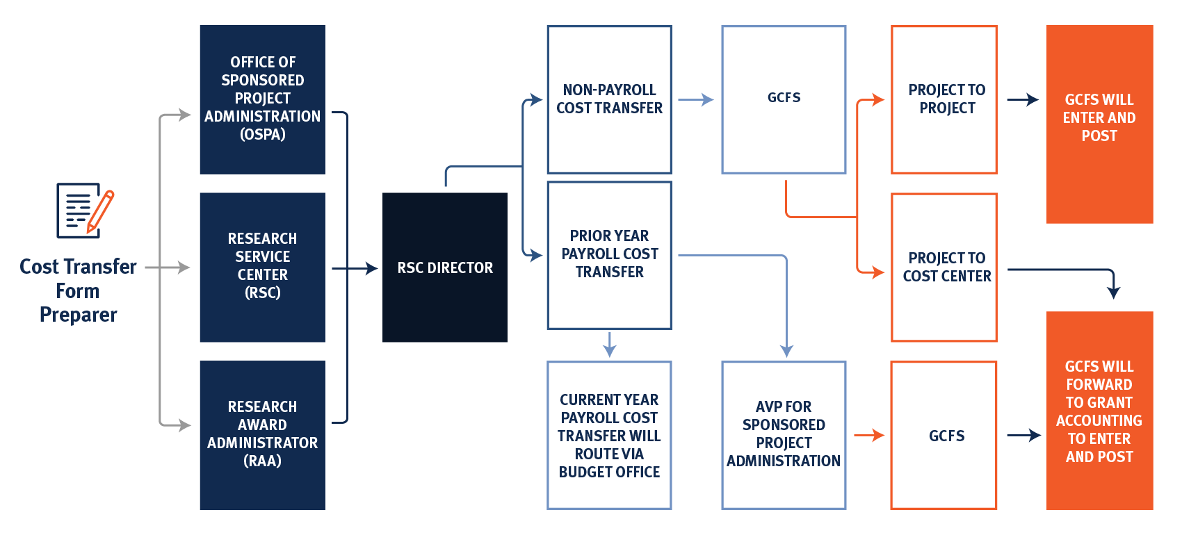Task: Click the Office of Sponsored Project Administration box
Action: click(x=262, y=99)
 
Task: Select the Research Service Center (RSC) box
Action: click(x=262, y=267)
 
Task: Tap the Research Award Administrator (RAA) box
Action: click(x=262, y=435)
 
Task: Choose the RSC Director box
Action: click(x=444, y=267)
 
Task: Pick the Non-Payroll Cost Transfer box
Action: click(x=609, y=99)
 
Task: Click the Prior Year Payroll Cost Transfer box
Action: click(x=609, y=255)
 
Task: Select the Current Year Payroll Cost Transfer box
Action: click(x=609, y=435)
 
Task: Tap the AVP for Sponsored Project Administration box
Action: click(x=784, y=435)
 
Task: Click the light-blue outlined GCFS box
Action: click(x=784, y=99)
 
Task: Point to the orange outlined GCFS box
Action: click(x=944, y=435)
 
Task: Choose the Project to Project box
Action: click(x=944, y=99)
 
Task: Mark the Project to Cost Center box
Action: click(x=944, y=267)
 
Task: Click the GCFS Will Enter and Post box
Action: click(x=1099, y=124)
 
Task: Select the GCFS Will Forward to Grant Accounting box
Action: click(x=1099, y=411)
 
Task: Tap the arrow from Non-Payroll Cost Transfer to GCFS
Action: click(x=695, y=100)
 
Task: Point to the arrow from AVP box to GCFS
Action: click(x=868, y=436)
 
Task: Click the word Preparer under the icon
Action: click(x=79, y=315)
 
